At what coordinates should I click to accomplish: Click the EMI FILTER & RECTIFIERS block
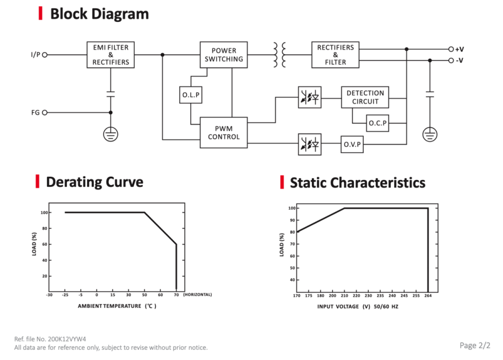pos(111,55)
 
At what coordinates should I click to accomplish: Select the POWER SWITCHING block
pos(224,55)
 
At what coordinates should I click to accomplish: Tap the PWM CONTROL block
pos(224,132)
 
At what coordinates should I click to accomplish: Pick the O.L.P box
pos(191,94)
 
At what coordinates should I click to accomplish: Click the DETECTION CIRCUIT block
pos(365,97)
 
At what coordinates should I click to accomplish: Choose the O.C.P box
pos(378,123)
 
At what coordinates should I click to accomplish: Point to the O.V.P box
pos(352,144)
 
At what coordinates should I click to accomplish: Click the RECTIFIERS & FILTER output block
pos(335,55)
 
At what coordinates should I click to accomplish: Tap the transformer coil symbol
pos(279,55)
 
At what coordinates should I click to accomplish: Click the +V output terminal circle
pos(451,49)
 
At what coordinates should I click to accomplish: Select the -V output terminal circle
pos(451,60)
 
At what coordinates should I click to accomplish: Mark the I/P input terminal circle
pos(45,55)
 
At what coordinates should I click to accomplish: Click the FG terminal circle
pos(45,112)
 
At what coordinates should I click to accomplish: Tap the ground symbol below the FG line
pos(111,134)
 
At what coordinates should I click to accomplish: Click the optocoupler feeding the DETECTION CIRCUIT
pos(310,97)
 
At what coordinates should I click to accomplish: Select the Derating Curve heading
pos(94,182)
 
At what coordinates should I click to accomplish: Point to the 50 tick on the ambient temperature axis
pos(145,295)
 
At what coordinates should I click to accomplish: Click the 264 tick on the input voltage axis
pos(428,296)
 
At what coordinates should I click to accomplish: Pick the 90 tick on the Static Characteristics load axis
pos(292,220)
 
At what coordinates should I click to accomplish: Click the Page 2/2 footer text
pos(474,345)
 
